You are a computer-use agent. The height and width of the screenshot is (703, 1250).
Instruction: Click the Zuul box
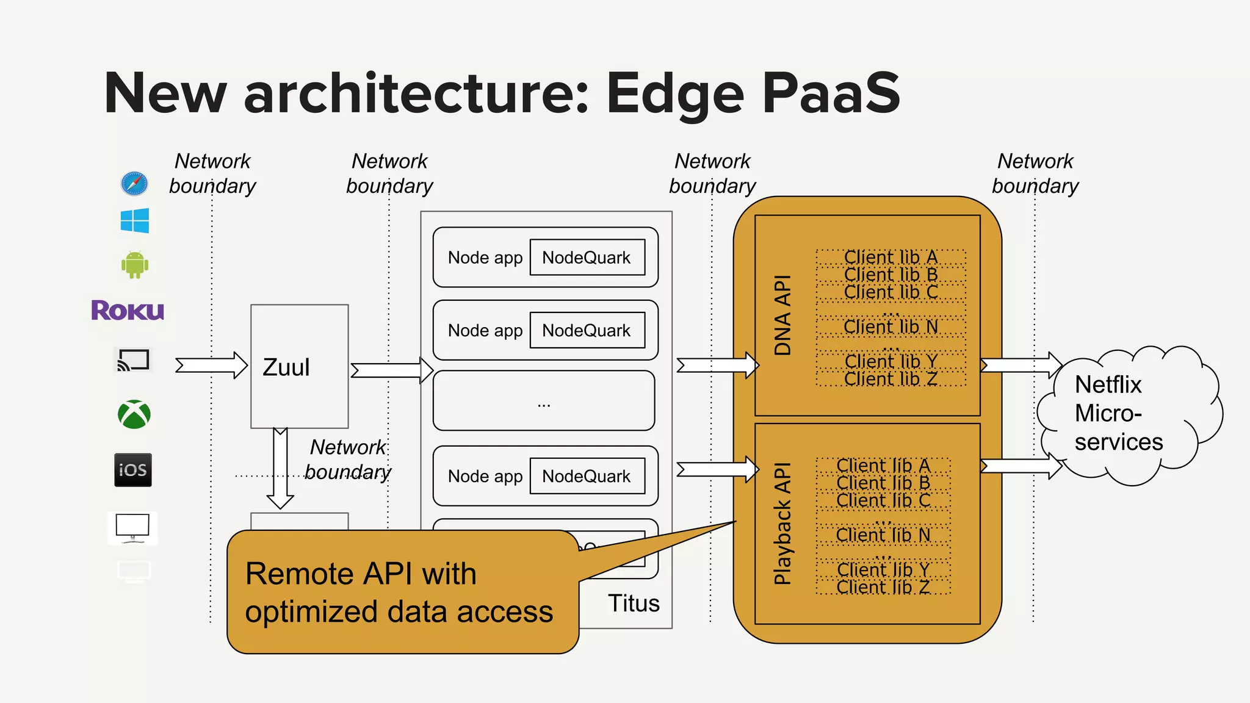pos(299,366)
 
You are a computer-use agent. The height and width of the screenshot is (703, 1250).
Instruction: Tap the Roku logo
pos(128,310)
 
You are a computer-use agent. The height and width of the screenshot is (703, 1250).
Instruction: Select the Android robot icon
pos(135,264)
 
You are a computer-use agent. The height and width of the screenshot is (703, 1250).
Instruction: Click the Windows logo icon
pos(135,220)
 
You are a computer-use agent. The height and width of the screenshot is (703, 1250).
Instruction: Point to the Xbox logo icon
pos(134,414)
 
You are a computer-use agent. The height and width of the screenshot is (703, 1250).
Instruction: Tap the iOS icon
pos(133,470)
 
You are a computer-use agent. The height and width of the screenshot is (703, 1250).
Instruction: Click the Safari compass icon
pos(134,183)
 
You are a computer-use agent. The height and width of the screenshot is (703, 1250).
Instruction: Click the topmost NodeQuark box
pos(587,258)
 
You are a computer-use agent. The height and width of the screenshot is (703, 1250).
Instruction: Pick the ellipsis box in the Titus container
pos(544,400)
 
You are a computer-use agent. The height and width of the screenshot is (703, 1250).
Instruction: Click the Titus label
pos(634,603)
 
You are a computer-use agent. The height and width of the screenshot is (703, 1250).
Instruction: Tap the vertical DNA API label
pos(782,315)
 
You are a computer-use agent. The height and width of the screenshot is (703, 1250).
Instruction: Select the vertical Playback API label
pos(782,524)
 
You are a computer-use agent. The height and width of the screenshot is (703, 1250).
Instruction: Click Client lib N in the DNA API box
pos(891,327)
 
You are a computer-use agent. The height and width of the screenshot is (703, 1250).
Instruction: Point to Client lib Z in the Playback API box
pos(883,587)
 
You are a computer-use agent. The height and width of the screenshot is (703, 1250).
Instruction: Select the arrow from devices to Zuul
pos(211,366)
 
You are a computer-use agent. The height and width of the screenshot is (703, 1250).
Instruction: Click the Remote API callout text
pos(399,592)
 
